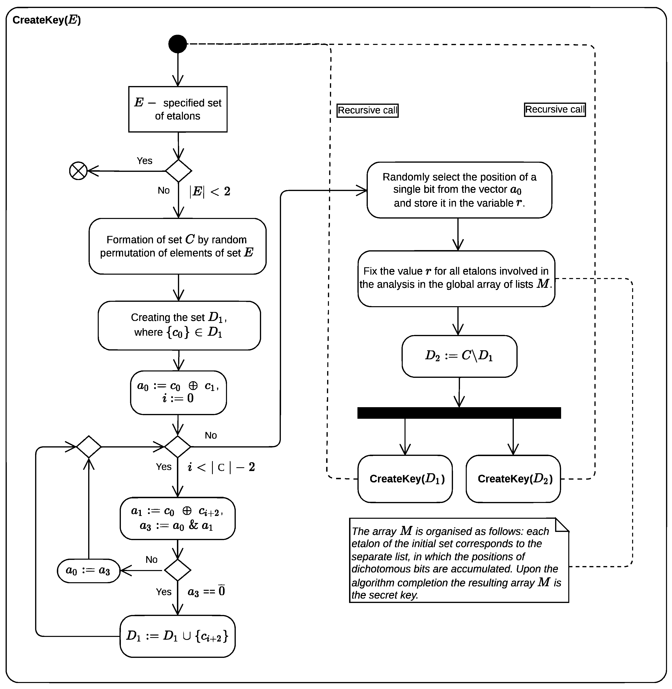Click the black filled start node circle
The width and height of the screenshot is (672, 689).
click(x=178, y=44)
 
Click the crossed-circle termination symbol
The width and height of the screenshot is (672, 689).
click(x=78, y=171)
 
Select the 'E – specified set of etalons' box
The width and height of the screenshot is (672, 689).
click(x=178, y=109)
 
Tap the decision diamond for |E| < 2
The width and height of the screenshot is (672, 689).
click(x=179, y=171)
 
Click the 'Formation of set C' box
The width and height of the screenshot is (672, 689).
click(x=178, y=246)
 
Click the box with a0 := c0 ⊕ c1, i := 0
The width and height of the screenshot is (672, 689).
click(x=178, y=392)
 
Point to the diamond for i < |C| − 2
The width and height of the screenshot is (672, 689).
click(x=178, y=447)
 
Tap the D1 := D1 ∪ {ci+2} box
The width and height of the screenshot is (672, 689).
click(x=178, y=636)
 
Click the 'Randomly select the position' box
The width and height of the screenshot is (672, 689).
click(x=459, y=190)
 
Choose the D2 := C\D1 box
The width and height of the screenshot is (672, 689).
click(x=459, y=356)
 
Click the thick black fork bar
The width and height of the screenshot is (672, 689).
click(x=459, y=413)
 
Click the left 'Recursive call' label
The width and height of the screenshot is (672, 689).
click(x=367, y=111)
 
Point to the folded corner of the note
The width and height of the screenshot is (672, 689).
click(x=562, y=525)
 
